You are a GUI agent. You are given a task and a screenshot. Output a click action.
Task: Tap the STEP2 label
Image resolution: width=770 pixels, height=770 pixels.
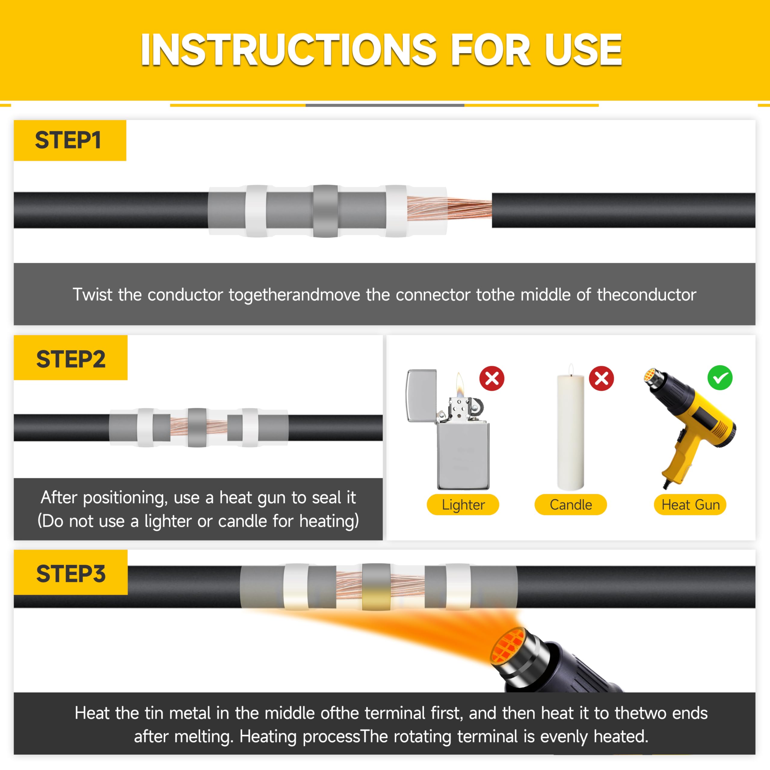pyautogui.click(x=71, y=359)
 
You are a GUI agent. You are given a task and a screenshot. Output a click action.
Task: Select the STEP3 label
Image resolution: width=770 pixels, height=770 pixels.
pyautogui.click(x=71, y=574)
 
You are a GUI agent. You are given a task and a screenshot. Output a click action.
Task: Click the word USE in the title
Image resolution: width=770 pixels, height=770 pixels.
pyautogui.click(x=583, y=50)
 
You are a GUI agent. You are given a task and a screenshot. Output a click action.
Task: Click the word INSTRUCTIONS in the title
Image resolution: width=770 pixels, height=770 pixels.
pyautogui.click(x=288, y=50)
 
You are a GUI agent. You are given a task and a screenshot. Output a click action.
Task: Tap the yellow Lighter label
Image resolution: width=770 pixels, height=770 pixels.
pyautogui.click(x=463, y=505)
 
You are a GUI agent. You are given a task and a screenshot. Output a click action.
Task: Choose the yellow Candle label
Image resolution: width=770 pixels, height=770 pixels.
pyautogui.click(x=570, y=505)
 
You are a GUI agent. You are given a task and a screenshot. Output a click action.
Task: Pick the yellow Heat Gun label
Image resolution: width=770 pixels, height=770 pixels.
pyautogui.click(x=690, y=505)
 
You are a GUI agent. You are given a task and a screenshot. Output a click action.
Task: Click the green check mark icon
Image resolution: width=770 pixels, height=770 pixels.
pyautogui.click(x=720, y=378)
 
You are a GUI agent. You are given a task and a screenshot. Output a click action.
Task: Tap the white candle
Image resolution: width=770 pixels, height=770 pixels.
pyautogui.click(x=570, y=432)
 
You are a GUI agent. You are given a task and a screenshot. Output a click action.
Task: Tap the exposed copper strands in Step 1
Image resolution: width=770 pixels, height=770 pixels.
pyautogui.click(x=449, y=208)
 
